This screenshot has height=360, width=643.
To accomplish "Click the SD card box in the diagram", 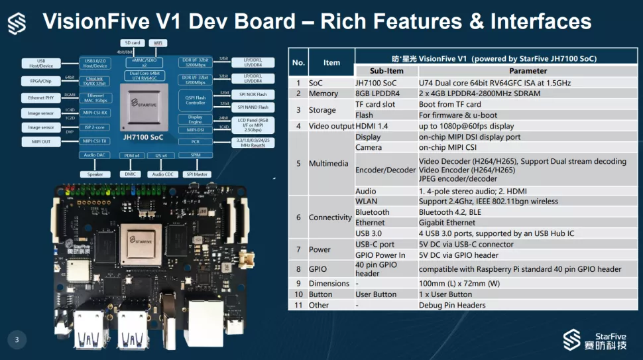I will pos(132,42).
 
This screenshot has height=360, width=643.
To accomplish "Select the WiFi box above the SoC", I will pos(157,42).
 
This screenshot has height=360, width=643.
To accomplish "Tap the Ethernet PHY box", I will pos(40,97).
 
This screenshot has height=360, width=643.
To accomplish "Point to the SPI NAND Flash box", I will pos(253,107).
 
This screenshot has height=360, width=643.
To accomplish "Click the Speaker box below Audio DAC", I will pos(95,174).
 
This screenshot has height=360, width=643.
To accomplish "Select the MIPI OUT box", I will pos(40,141).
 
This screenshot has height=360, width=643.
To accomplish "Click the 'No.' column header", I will pos(298,62).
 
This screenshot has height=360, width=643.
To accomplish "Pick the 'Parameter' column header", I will pos(528,70).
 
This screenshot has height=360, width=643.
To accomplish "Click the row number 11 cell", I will pos(298,305).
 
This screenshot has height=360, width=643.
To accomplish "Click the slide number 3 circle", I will pos(17,340).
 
